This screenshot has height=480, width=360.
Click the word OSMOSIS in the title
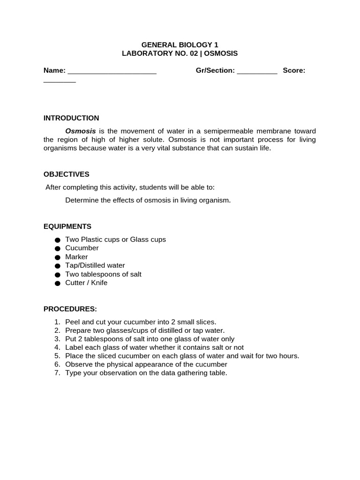pos(221,53)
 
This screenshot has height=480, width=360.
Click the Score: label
pos(294,70)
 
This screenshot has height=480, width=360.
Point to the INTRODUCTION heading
pos(71,118)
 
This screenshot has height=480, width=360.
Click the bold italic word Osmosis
pos(81,131)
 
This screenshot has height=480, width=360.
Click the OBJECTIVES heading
pos(66,174)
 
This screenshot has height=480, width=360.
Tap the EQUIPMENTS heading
pos(67,226)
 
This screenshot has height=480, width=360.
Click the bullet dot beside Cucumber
pos(58,249)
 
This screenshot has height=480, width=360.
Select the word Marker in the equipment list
pos(76,257)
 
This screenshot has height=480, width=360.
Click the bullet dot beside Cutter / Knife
pos(58,284)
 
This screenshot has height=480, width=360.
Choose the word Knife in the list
pos(98,283)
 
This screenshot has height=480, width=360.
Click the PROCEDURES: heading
pos(70,309)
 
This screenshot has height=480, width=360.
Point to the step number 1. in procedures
pos(57,322)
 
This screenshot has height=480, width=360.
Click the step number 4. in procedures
pos(57,347)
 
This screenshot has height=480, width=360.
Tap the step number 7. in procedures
pos(57,373)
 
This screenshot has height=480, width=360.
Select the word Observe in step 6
pos(79,364)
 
